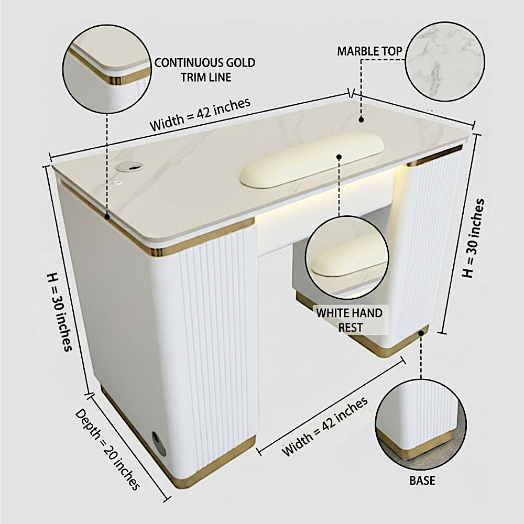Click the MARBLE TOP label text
(x=369, y=51)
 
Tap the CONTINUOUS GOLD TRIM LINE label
(x=205, y=70)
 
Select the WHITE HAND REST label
(x=350, y=320)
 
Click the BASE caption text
(x=422, y=481)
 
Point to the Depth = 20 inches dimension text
(x=107, y=449)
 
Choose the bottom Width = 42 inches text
(x=325, y=426)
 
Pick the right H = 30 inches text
(x=473, y=238)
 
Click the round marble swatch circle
(x=445, y=61)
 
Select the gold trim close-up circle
(x=107, y=69)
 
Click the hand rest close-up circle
(x=347, y=258)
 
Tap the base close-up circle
(x=420, y=424)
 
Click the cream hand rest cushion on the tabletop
(x=312, y=159)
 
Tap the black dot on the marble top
(x=361, y=119)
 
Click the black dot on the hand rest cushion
(x=339, y=157)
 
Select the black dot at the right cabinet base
(x=421, y=333)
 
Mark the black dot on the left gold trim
(x=107, y=216)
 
